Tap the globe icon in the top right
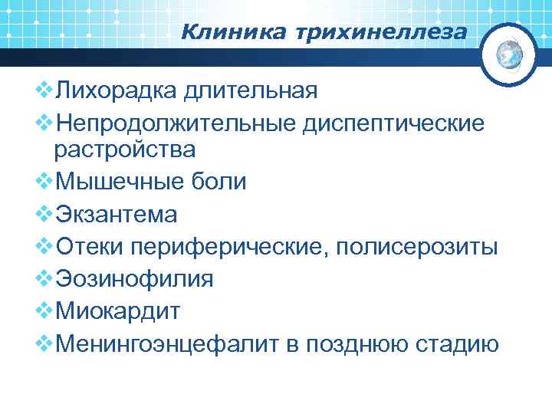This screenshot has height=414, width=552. coord(509,54)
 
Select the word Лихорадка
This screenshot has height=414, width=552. coord(116,91)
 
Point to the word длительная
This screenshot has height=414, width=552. coord(250,91)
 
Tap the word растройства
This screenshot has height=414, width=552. coord(124,149)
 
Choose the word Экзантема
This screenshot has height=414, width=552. coord(117,215)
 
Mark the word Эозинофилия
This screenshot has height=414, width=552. coord(135,280)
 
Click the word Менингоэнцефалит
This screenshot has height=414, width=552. coord(168,345)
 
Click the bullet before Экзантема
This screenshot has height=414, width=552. coord(44,214)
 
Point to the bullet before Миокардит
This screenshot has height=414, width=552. coord(44,311)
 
